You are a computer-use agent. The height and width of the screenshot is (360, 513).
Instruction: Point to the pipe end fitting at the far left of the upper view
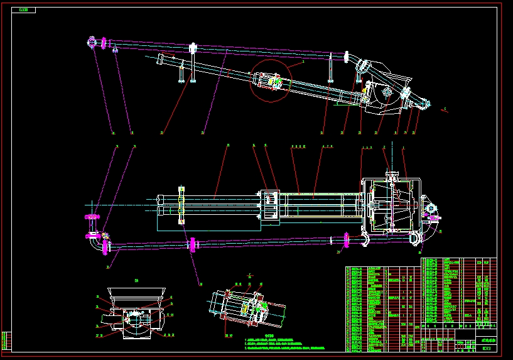[91, 43]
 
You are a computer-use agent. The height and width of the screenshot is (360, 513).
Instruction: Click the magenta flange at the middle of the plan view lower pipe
[192, 244]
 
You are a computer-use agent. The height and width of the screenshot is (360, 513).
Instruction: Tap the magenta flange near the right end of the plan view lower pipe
[346, 239]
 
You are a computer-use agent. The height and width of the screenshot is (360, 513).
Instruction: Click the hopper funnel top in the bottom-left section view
[137, 293]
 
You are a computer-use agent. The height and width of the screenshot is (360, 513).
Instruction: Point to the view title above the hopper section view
[137, 280]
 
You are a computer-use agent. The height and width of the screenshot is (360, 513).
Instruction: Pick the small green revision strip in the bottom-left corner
[6, 340]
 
